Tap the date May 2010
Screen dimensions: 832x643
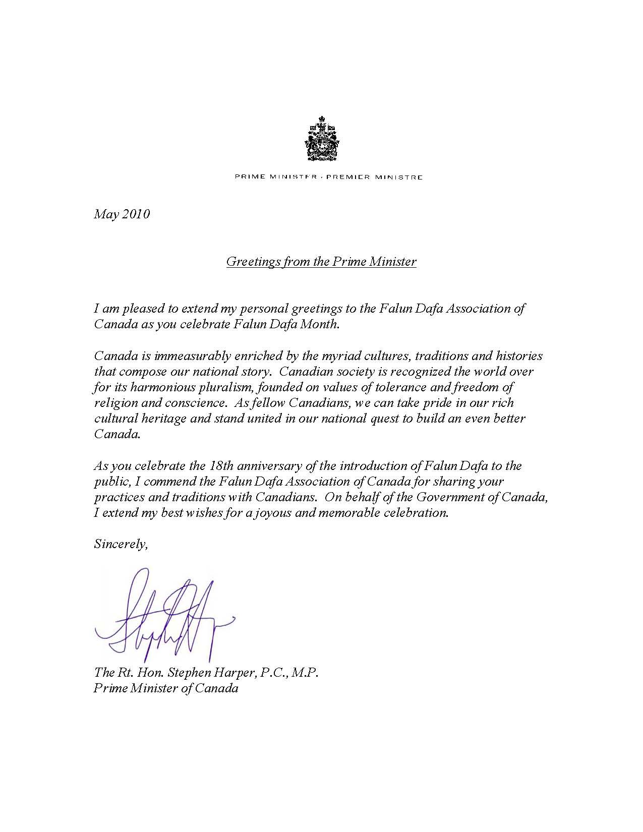pyautogui.click(x=122, y=214)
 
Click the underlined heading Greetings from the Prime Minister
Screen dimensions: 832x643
pyautogui.click(x=321, y=261)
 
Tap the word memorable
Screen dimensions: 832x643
pyautogui.click(x=378, y=513)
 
